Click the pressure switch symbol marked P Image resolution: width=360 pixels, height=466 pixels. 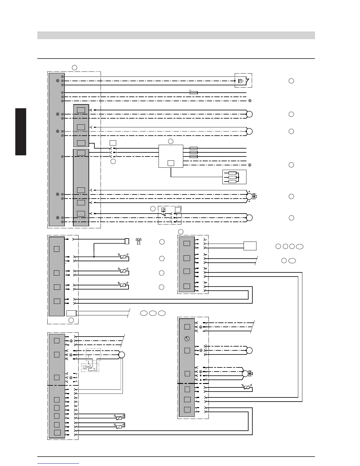(x=240, y=81)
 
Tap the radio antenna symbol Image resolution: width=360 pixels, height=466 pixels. (x=138, y=241)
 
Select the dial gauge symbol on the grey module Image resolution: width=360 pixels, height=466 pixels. (x=187, y=339)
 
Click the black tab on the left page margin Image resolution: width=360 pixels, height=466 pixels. (x=21, y=132)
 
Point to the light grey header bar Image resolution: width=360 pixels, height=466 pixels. (x=176, y=35)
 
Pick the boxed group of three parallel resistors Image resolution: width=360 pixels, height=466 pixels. (x=234, y=177)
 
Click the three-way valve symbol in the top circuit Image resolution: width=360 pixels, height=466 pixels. (x=254, y=196)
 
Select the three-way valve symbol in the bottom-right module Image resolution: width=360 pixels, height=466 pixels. (x=250, y=374)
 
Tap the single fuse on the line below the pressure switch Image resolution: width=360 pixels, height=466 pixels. (x=194, y=93)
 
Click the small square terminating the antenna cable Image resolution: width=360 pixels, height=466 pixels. (x=127, y=241)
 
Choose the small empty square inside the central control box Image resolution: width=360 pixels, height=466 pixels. (x=171, y=163)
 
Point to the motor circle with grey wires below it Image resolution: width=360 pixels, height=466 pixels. (x=121, y=355)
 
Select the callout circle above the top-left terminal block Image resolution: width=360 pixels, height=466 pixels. (x=74, y=67)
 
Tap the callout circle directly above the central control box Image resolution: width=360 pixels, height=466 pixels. (x=171, y=141)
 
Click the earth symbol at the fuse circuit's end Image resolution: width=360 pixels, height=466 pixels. (x=250, y=101)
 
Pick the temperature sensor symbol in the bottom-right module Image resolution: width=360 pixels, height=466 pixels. (x=247, y=387)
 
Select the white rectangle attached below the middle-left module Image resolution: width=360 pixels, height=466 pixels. (x=71, y=313)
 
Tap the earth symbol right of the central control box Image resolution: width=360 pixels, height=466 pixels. (x=250, y=165)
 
